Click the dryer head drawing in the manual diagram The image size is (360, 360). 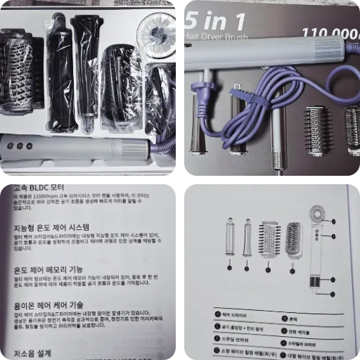[318, 214]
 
